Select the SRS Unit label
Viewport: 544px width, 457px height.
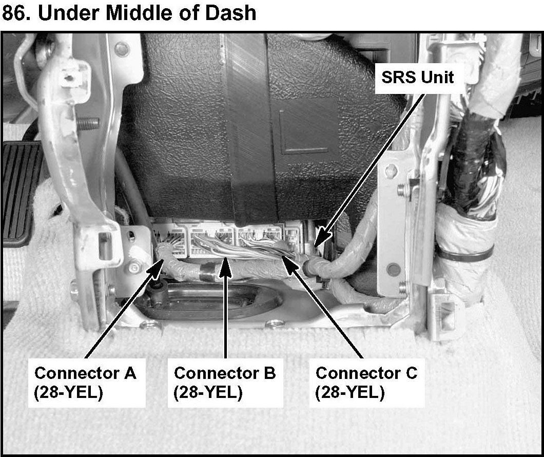point(417,77)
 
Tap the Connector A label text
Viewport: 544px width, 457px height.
point(85,373)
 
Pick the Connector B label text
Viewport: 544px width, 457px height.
point(225,373)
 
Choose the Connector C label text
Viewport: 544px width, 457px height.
point(366,373)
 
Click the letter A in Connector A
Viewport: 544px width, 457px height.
point(130,373)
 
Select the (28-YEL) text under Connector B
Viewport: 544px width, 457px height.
point(208,393)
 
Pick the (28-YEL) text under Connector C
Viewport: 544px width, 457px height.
point(349,393)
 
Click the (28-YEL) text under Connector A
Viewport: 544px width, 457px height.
point(68,393)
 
